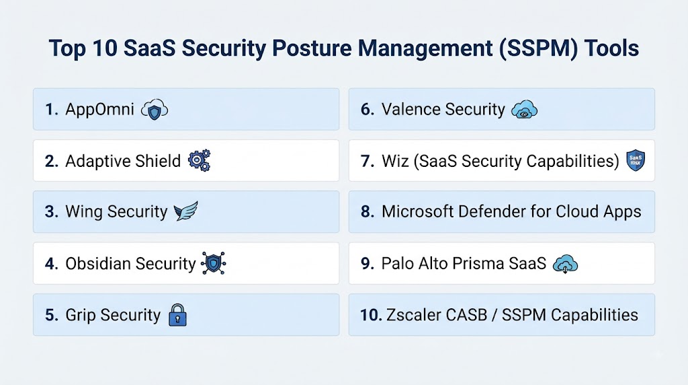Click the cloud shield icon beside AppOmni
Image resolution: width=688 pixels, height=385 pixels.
point(155,110)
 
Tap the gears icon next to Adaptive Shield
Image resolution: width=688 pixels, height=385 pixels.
point(199,160)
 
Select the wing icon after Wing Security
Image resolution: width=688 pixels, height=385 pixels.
point(186,211)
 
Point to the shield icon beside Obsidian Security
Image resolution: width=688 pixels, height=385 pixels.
point(213,263)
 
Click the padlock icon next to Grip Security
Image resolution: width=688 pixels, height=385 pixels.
point(177,315)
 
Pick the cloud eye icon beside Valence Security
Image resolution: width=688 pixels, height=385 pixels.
point(524,110)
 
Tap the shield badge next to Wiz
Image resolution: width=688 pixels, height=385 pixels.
point(636,160)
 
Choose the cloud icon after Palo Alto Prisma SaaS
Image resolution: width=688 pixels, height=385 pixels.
point(565,264)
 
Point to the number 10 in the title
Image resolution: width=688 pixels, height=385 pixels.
point(105,48)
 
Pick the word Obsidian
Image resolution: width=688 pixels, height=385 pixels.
point(98,263)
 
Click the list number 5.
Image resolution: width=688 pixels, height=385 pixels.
point(51,315)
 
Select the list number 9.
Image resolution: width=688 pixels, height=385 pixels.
point(368,263)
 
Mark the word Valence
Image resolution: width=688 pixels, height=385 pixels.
point(410,110)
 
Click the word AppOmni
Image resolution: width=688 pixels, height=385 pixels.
point(99,110)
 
